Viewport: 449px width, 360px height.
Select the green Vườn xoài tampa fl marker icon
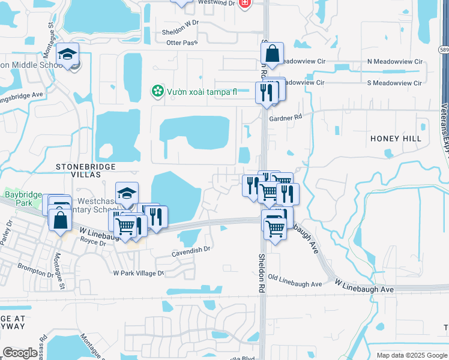[x=157, y=92]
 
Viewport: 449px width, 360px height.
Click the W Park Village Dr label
[x=139, y=273]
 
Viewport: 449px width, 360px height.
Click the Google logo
[x=20, y=353]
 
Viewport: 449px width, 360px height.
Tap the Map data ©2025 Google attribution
[x=411, y=355]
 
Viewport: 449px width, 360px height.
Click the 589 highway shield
[x=443, y=50]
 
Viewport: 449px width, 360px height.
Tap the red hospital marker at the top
[x=244, y=4]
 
